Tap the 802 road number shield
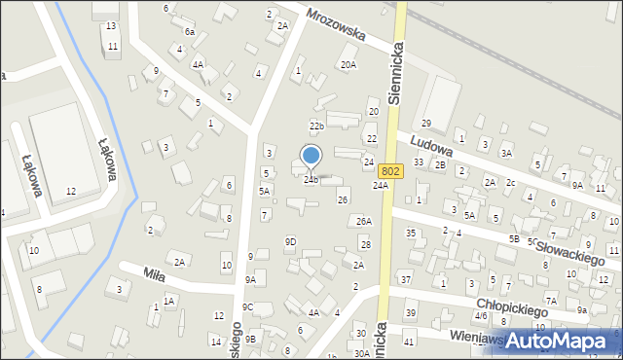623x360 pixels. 390,170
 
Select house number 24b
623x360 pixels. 311,180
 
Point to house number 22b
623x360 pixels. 316,126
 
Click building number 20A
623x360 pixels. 348,65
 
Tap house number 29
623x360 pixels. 426,124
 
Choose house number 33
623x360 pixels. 419,162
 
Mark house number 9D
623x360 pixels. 290,241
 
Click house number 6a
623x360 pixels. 190,32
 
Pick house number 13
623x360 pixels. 111,25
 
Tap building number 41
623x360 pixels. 410,342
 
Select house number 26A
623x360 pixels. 364,222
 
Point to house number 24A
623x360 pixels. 381,185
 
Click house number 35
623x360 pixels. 411,234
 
